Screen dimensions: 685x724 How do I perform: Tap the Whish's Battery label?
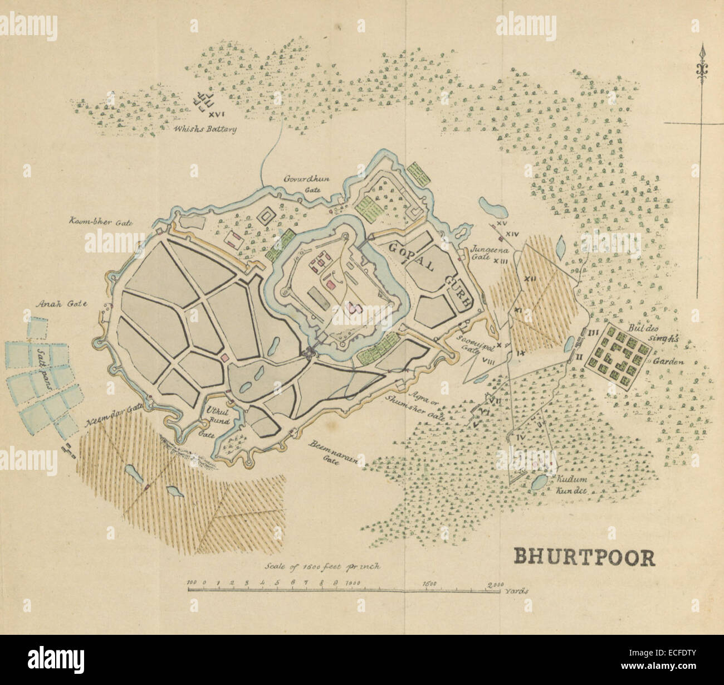tap(205, 129)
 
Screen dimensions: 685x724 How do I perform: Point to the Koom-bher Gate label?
tap(100, 221)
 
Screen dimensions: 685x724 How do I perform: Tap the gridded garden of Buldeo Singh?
tap(618, 357)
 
